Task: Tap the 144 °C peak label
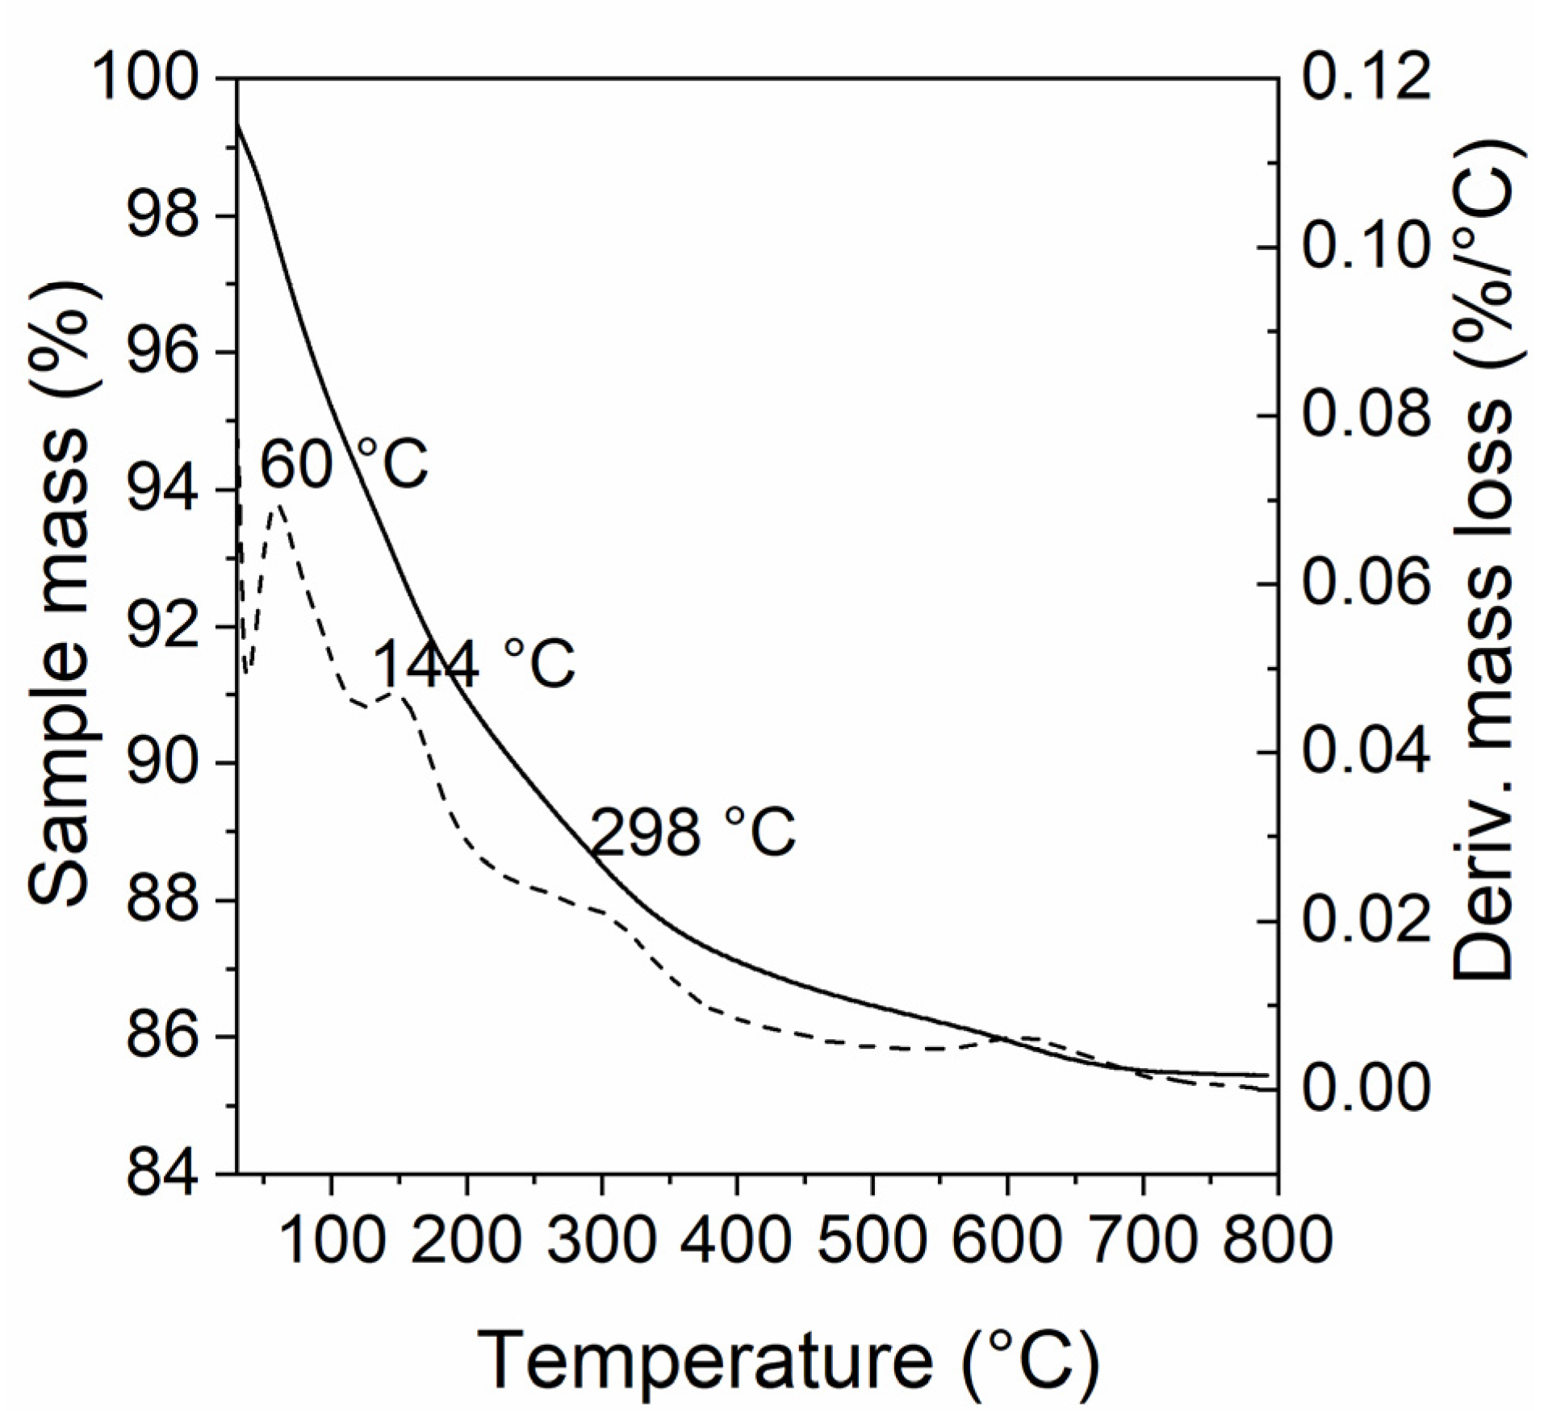(475, 664)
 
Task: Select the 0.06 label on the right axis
(1366, 583)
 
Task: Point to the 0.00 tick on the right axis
(1366, 1088)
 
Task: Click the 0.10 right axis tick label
(1366, 247)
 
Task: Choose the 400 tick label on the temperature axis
(735, 1240)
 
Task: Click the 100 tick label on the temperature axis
(330, 1240)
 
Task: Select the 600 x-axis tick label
(1006, 1240)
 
